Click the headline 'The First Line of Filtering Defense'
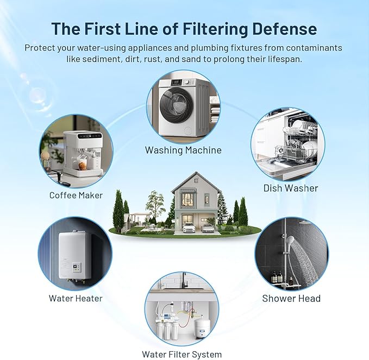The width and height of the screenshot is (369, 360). pyautogui.click(x=184, y=28)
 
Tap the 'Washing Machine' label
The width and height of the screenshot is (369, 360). pyautogui.click(x=183, y=150)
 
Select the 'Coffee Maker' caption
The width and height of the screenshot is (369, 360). pyautogui.click(x=76, y=195)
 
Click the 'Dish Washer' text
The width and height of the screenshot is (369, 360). pyautogui.click(x=291, y=188)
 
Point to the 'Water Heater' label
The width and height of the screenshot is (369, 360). pyautogui.click(x=76, y=298)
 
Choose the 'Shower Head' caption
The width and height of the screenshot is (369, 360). pyautogui.click(x=291, y=298)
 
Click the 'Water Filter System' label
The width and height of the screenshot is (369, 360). pyautogui.click(x=182, y=355)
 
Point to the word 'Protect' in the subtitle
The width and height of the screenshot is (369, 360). pyautogui.click(x=40, y=48)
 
